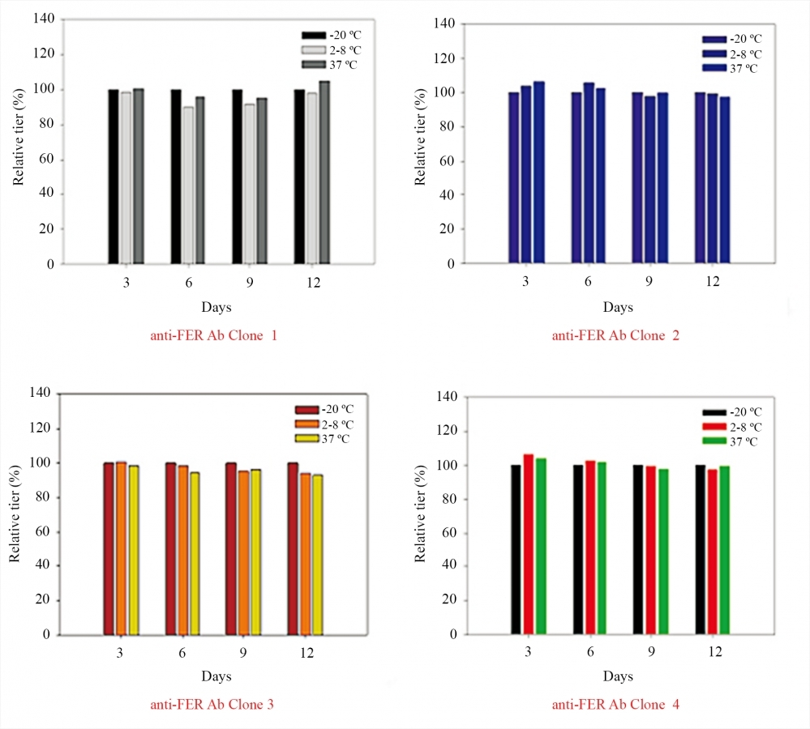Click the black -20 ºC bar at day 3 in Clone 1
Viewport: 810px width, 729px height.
(114, 177)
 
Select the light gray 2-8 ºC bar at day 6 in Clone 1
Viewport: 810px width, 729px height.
(188, 185)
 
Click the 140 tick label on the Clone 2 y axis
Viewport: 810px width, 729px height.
(443, 23)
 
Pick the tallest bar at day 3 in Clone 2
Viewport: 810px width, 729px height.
(538, 173)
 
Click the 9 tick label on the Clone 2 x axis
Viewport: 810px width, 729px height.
(649, 281)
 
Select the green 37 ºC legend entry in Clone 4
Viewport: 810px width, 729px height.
(733, 441)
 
